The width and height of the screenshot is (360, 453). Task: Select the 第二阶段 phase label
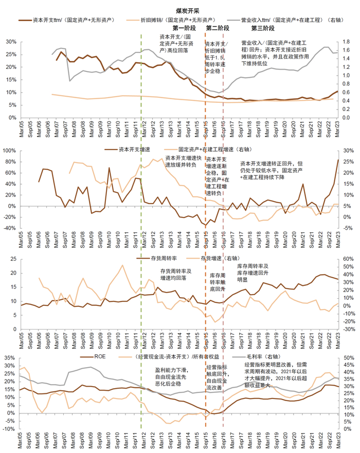click(217, 28)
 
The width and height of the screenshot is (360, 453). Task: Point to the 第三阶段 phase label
click(262, 28)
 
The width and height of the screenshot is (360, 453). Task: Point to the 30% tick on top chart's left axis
click(10, 41)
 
